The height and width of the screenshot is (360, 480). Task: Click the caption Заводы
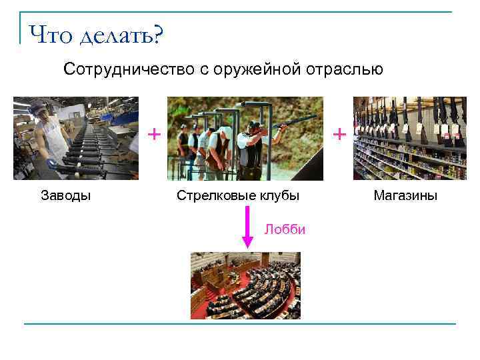click(66, 196)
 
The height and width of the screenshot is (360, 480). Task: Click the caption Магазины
click(405, 196)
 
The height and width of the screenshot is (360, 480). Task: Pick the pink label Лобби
click(285, 230)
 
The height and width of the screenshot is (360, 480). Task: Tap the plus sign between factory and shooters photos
click(154, 134)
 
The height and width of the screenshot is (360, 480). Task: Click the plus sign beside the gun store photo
click(339, 134)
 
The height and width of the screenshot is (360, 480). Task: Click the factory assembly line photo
click(76, 139)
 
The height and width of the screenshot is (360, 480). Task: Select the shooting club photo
click(245, 139)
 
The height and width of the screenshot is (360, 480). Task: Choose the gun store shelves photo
click(409, 139)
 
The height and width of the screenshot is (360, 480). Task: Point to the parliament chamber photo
click(245, 285)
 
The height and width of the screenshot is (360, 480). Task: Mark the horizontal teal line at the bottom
click(240, 324)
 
